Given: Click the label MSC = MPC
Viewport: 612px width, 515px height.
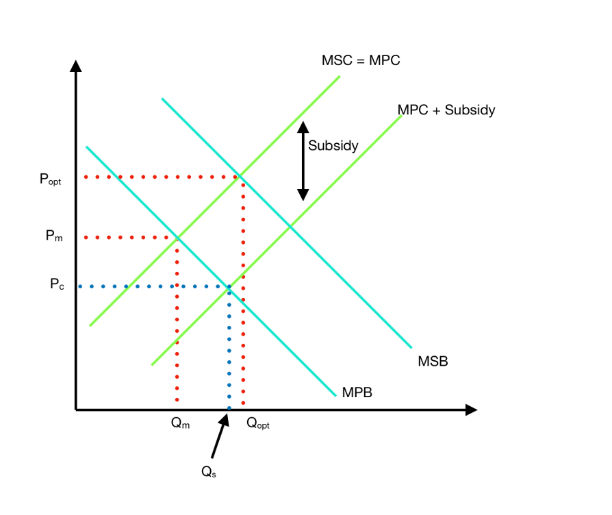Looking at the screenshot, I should pyautogui.click(x=360, y=60).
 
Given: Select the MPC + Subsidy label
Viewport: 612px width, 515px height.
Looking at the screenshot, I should pyautogui.click(x=446, y=110).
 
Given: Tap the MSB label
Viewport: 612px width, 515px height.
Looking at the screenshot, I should pyautogui.click(x=433, y=361).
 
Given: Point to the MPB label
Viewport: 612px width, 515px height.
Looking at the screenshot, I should pyautogui.click(x=357, y=392).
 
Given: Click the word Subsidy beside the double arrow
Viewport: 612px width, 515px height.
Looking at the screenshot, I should pyautogui.click(x=333, y=146).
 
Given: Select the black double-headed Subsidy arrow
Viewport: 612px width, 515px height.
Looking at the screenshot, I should pyautogui.click(x=303, y=162).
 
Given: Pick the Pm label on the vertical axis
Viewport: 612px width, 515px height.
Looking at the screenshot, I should pyautogui.click(x=54, y=236).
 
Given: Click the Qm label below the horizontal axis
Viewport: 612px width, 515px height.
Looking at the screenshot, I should pyautogui.click(x=180, y=423).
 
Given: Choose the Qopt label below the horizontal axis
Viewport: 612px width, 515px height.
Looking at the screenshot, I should pyautogui.click(x=258, y=423).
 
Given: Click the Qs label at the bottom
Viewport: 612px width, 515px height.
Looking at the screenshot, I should pyautogui.click(x=208, y=472).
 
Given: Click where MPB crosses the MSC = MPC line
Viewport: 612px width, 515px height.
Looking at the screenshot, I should pyautogui.click(x=177, y=237).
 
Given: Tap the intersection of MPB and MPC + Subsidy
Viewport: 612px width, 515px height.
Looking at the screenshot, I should pyautogui.click(x=229, y=287).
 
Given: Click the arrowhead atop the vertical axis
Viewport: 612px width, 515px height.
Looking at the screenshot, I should pyautogui.click(x=76, y=66).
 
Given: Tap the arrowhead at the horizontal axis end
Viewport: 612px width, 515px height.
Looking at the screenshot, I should pyautogui.click(x=470, y=410).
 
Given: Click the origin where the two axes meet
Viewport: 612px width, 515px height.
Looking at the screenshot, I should pyautogui.click(x=76, y=410).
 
